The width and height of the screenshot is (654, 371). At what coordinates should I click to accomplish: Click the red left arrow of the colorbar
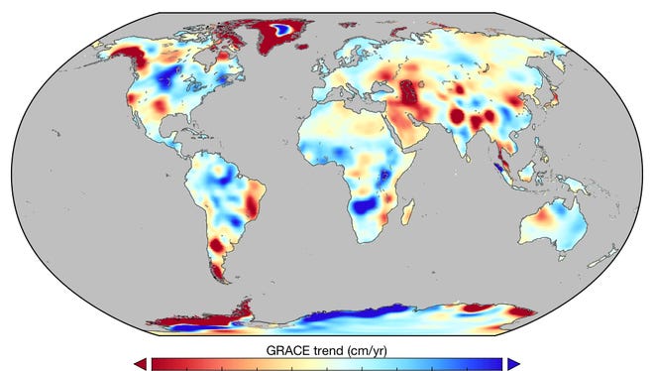point(139,363)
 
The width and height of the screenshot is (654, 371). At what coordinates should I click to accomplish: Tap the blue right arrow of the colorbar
point(512,363)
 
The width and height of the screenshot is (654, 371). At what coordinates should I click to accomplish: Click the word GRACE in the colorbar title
point(288,350)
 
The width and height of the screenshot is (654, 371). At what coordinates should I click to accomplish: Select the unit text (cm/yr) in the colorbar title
point(366,350)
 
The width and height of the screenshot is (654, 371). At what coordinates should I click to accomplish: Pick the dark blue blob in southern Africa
point(366,207)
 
